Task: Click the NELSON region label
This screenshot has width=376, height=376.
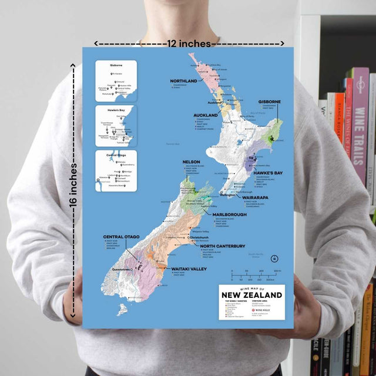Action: tap(192, 162)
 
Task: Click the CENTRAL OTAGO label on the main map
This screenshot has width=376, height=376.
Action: tap(121, 237)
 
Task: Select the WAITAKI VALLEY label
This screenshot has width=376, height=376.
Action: tap(189, 269)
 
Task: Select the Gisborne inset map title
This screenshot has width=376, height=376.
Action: tap(116, 65)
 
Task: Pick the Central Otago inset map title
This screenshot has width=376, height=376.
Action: tap(116, 155)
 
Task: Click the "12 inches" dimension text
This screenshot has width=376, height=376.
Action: tap(189, 43)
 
